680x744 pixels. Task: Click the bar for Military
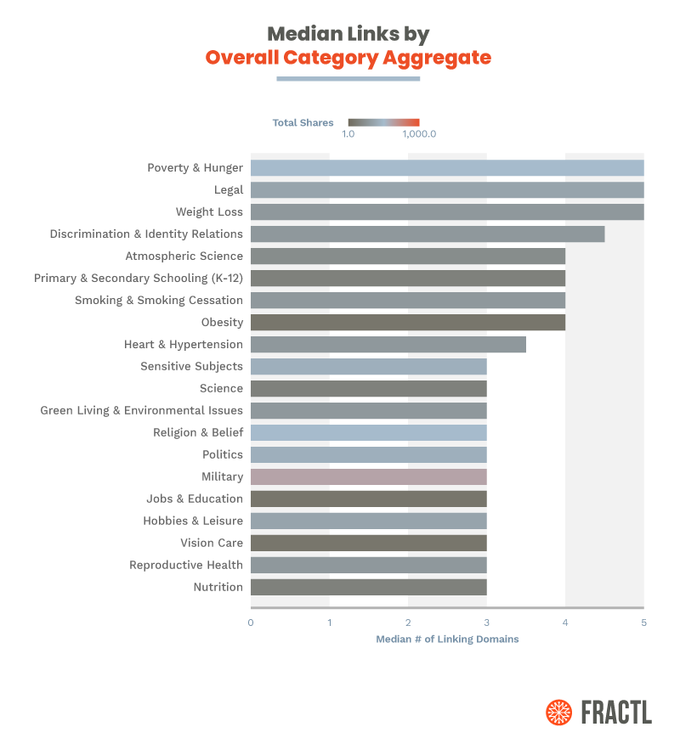point(368,476)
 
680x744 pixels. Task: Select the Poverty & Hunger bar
point(446,167)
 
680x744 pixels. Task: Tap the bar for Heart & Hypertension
point(388,344)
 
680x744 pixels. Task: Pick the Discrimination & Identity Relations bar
point(427,234)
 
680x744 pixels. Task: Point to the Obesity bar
point(407,322)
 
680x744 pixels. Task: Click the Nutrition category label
point(218,587)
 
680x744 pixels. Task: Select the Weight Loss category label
point(209,211)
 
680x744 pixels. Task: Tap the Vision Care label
point(211,543)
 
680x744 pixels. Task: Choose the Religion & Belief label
point(198,432)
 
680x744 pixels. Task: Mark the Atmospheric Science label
point(184,256)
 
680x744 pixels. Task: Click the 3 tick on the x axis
point(486,623)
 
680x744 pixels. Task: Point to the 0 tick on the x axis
point(251,623)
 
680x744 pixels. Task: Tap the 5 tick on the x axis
point(643,623)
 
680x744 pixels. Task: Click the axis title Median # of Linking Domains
point(447,640)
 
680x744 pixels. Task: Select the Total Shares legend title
point(303,123)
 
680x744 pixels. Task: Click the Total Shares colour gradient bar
point(383,122)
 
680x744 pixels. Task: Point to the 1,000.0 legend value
point(418,134)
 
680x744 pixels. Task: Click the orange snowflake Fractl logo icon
point(558,712)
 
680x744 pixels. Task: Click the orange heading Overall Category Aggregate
point(348,58)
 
